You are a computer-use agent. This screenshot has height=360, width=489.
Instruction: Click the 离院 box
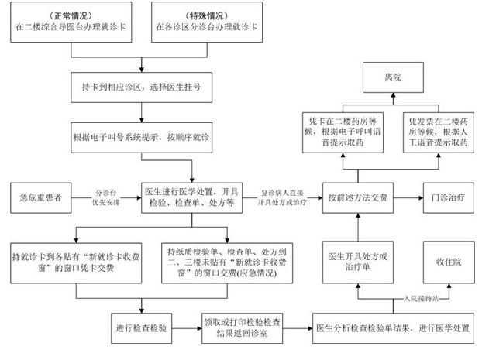pos(393,78)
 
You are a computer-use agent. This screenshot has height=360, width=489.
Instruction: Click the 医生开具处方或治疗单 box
pos(356,262)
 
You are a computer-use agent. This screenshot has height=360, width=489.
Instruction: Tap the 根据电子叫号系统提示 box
pos(141,136)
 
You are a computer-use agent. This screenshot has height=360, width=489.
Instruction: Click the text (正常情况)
pos(74,15)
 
